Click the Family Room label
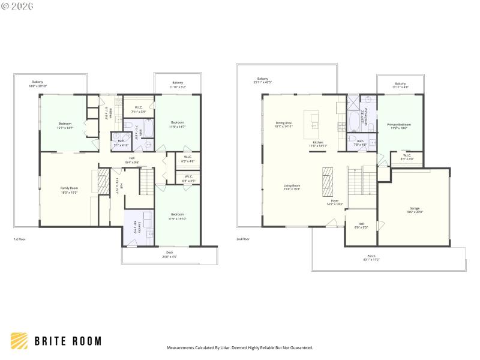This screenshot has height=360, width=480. coord(69,190)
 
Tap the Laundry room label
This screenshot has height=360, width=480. coord(139,226)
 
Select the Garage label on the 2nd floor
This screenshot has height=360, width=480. coord(414,210)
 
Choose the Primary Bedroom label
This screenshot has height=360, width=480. coord(399,126)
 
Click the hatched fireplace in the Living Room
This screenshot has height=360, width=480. coord(328,181)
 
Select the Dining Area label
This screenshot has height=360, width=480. coord(284,124)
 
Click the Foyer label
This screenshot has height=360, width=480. coord(335,202)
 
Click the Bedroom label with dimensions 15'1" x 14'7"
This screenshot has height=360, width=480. coord(65,125)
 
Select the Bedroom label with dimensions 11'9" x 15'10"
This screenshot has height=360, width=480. coord(177,216)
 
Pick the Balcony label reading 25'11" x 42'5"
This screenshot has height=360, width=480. coord(263,80)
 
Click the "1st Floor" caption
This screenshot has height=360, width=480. coord(20,239)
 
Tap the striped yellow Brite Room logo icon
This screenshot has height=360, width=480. coord(19,340)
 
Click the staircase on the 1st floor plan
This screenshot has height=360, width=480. coord(147,182)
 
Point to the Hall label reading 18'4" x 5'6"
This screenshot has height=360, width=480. coord(131,160)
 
